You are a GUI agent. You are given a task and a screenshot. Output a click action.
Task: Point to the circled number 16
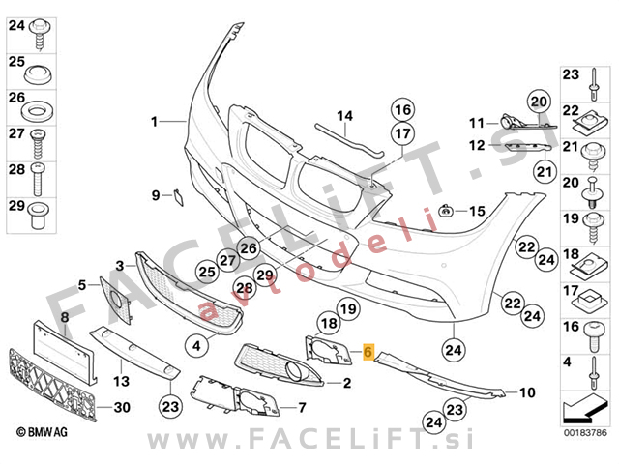click(402, 109)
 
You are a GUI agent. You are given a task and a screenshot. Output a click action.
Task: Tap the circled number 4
click(196, 344)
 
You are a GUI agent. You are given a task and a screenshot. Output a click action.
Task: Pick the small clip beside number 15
click(448, 211)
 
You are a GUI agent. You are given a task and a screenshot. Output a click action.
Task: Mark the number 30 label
click(122, 408)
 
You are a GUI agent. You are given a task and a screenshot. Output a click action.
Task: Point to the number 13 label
click(122, 380)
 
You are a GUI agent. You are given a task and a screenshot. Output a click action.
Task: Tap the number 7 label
click(302, 407)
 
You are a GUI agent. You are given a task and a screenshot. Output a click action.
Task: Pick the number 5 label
click(82, 284)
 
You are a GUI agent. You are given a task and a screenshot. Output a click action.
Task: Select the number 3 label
click(120, 264)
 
